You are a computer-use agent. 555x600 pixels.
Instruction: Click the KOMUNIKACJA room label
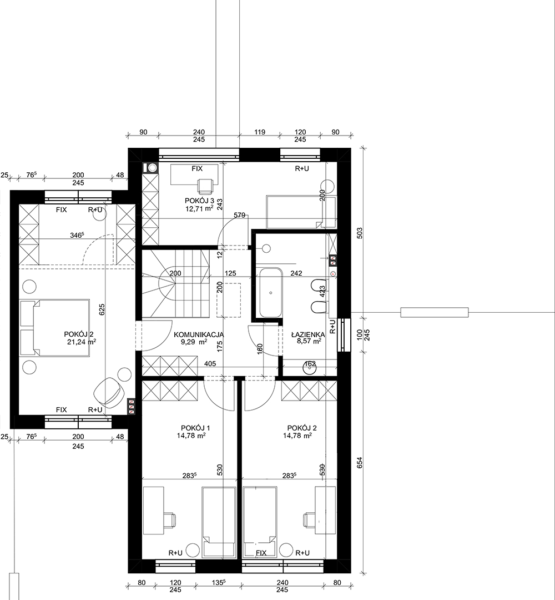199,334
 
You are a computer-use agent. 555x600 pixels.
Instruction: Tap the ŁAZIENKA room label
308,334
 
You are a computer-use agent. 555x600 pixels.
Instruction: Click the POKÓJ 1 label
195,428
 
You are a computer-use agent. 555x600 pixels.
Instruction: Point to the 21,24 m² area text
82,342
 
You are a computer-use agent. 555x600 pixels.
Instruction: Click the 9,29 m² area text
194,341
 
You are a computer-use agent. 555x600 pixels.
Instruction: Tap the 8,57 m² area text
309,341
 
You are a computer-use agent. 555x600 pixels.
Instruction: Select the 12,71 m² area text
199,208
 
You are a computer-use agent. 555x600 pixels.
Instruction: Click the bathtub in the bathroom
271,293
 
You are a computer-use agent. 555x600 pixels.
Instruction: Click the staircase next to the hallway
176,283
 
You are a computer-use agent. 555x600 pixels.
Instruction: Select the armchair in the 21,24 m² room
110,392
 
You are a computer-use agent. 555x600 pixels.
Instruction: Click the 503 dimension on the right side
359,233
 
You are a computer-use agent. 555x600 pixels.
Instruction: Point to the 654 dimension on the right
359,463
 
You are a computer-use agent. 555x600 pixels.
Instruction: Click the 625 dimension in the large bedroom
102,309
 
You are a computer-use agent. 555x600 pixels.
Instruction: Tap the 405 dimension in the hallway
210,363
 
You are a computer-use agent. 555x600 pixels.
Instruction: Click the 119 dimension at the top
260,132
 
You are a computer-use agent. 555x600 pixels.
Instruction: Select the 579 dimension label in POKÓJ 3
239,215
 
